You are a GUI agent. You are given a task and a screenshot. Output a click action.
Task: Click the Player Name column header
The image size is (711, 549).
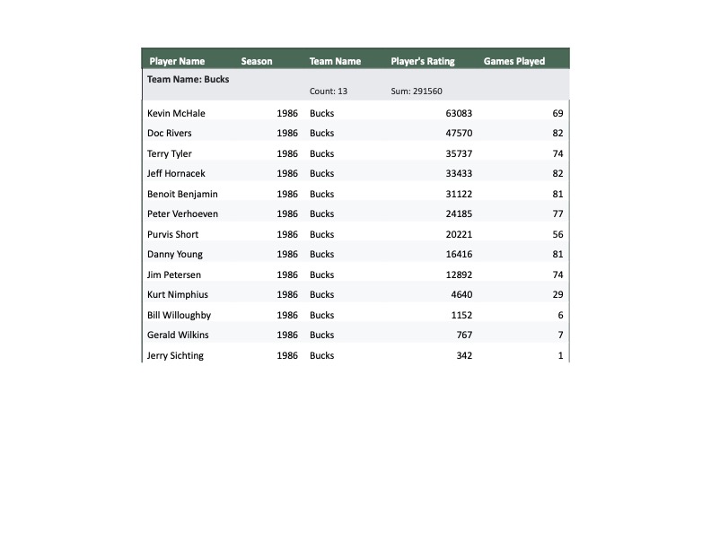tap(177, 62)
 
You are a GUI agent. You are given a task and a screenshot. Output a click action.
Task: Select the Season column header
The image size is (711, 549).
tap(257, 62)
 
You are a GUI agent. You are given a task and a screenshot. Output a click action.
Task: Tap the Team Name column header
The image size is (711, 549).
tap(335, 62)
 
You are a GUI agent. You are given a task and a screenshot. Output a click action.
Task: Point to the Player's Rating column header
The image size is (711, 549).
tap(423, 62)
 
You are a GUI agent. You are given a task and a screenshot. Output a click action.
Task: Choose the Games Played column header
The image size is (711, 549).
tap(514, 62)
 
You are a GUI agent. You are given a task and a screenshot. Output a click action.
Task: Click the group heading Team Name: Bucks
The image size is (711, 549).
tap(189, 79)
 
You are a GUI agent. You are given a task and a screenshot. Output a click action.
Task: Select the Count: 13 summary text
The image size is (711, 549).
tap(329, 91)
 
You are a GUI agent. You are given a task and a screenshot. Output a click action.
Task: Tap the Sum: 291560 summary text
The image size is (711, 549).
tap(417, 91)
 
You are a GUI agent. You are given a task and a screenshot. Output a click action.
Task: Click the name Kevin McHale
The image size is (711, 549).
tap(176, 114)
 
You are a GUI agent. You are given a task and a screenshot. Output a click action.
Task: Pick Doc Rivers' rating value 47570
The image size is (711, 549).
tap(459, 134)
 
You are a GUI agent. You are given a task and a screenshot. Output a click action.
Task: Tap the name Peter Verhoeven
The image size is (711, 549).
tap(182, 214)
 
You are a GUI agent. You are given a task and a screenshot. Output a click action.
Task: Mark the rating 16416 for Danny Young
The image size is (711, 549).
tap(459, 255)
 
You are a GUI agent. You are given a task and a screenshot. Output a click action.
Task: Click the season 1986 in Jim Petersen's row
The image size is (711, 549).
tap(287, 275)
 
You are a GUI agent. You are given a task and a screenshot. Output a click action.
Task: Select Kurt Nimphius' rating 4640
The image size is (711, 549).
tap(461, 295)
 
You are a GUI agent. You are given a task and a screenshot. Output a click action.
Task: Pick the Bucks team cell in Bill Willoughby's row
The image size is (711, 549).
tap(321, 316)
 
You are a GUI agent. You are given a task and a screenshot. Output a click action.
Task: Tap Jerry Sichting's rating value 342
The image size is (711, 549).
tap(464, 356)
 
